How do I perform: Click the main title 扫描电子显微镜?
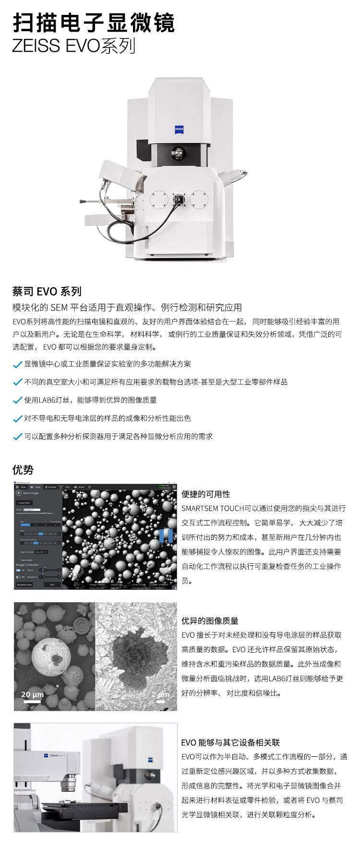click(x=94, y=22)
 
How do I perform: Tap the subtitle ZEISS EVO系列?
click(x=73, y=46)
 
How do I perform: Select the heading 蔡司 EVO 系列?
click(x=47, y=291)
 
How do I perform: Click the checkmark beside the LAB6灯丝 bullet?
click(x=18, y=400)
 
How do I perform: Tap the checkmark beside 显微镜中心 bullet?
click(x=18, y=364)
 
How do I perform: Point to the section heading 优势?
click(x=23, y=470)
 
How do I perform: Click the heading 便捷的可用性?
click(x=205, y=494)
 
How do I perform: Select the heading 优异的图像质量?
click(x=210, y=620)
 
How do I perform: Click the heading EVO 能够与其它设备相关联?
click(x=230, y=742)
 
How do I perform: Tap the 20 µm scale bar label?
click(x=32, y=694)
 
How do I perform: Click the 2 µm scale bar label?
click(x=160, y=694)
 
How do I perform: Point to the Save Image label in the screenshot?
click(x=31, y=493)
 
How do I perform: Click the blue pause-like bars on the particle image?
click(x=166, y=536)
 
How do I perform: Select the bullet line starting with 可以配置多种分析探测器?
click(x=118, y=436)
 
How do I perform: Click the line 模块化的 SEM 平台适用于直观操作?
click(x=127, y=307)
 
